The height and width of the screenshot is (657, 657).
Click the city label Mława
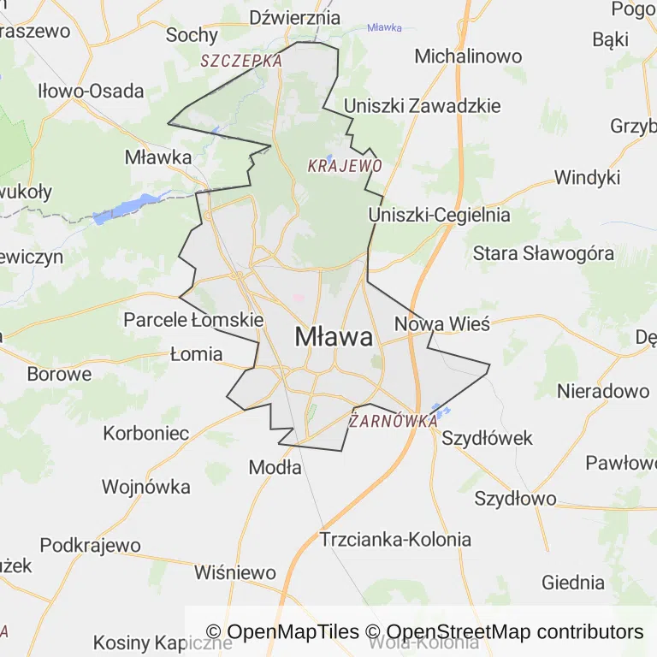click(334, 337)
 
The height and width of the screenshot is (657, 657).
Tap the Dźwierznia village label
click(295, 18)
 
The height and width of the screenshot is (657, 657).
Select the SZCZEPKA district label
click(241, 61)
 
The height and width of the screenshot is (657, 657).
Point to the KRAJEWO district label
click(345, 165)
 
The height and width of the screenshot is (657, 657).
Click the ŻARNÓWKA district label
click(394, 421)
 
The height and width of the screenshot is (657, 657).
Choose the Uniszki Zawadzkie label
click(422, 106)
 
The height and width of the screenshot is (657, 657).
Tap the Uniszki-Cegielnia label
click(439, 215)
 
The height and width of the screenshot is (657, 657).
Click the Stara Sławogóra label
click(543, 253)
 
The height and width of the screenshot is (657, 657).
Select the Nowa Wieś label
click(441, 324)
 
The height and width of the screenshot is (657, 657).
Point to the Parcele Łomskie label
click(193, 320)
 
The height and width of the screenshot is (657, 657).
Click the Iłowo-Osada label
click(90, 92)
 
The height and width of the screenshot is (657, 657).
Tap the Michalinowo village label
click(468, 56)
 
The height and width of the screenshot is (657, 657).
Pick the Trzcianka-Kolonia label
click(395, 539)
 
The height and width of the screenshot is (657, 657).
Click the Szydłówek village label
click(487, 438)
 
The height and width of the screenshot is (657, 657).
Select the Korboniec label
click(146, 433)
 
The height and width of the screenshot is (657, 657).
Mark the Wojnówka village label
click(145, 487)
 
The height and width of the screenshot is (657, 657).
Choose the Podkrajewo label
click(90, 545)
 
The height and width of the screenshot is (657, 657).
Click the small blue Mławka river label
click(384, 27)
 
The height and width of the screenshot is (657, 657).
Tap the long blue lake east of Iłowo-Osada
click(125, 208)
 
